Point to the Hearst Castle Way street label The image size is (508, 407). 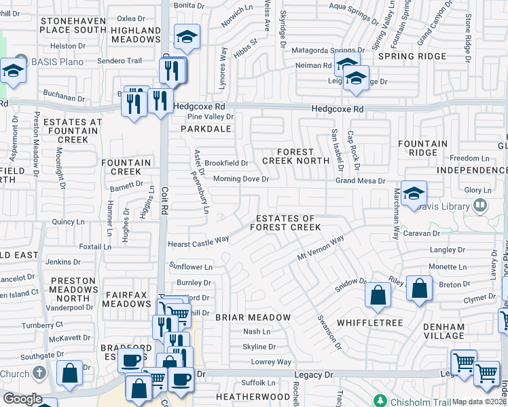pos(198,241)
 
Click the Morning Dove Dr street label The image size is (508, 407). pos(241,179)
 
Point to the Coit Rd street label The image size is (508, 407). pos(164,201)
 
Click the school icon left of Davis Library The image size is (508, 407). pos(413,193)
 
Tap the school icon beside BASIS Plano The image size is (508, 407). pos(13,70)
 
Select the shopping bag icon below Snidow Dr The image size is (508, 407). pos(378,295)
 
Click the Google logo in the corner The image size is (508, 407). pos(22,399)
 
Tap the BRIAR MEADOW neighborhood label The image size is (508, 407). pos(253,317)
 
